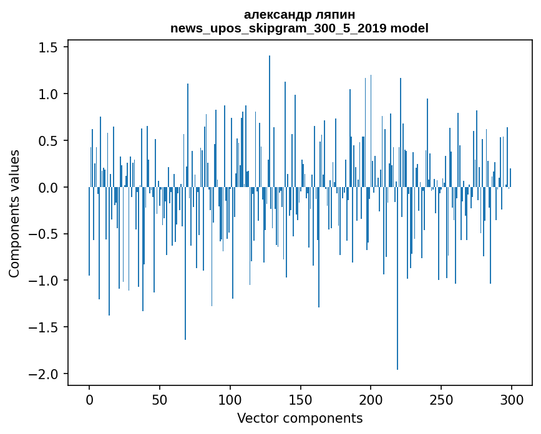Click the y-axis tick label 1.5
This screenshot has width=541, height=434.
(49, 48)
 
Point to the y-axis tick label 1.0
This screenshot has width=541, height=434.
(49, 95)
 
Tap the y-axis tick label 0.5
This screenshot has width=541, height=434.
(49, 141)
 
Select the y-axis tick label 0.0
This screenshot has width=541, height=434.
(49, 188)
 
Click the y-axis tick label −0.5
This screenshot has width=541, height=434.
(45, 234)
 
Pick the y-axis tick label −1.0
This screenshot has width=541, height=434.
(45, 281)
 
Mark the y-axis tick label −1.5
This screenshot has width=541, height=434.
(45, 327)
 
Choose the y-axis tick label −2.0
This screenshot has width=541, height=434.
(45, 374)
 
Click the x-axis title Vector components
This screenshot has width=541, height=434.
(300, 418)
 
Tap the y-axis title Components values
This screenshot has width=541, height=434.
(14, 213)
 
